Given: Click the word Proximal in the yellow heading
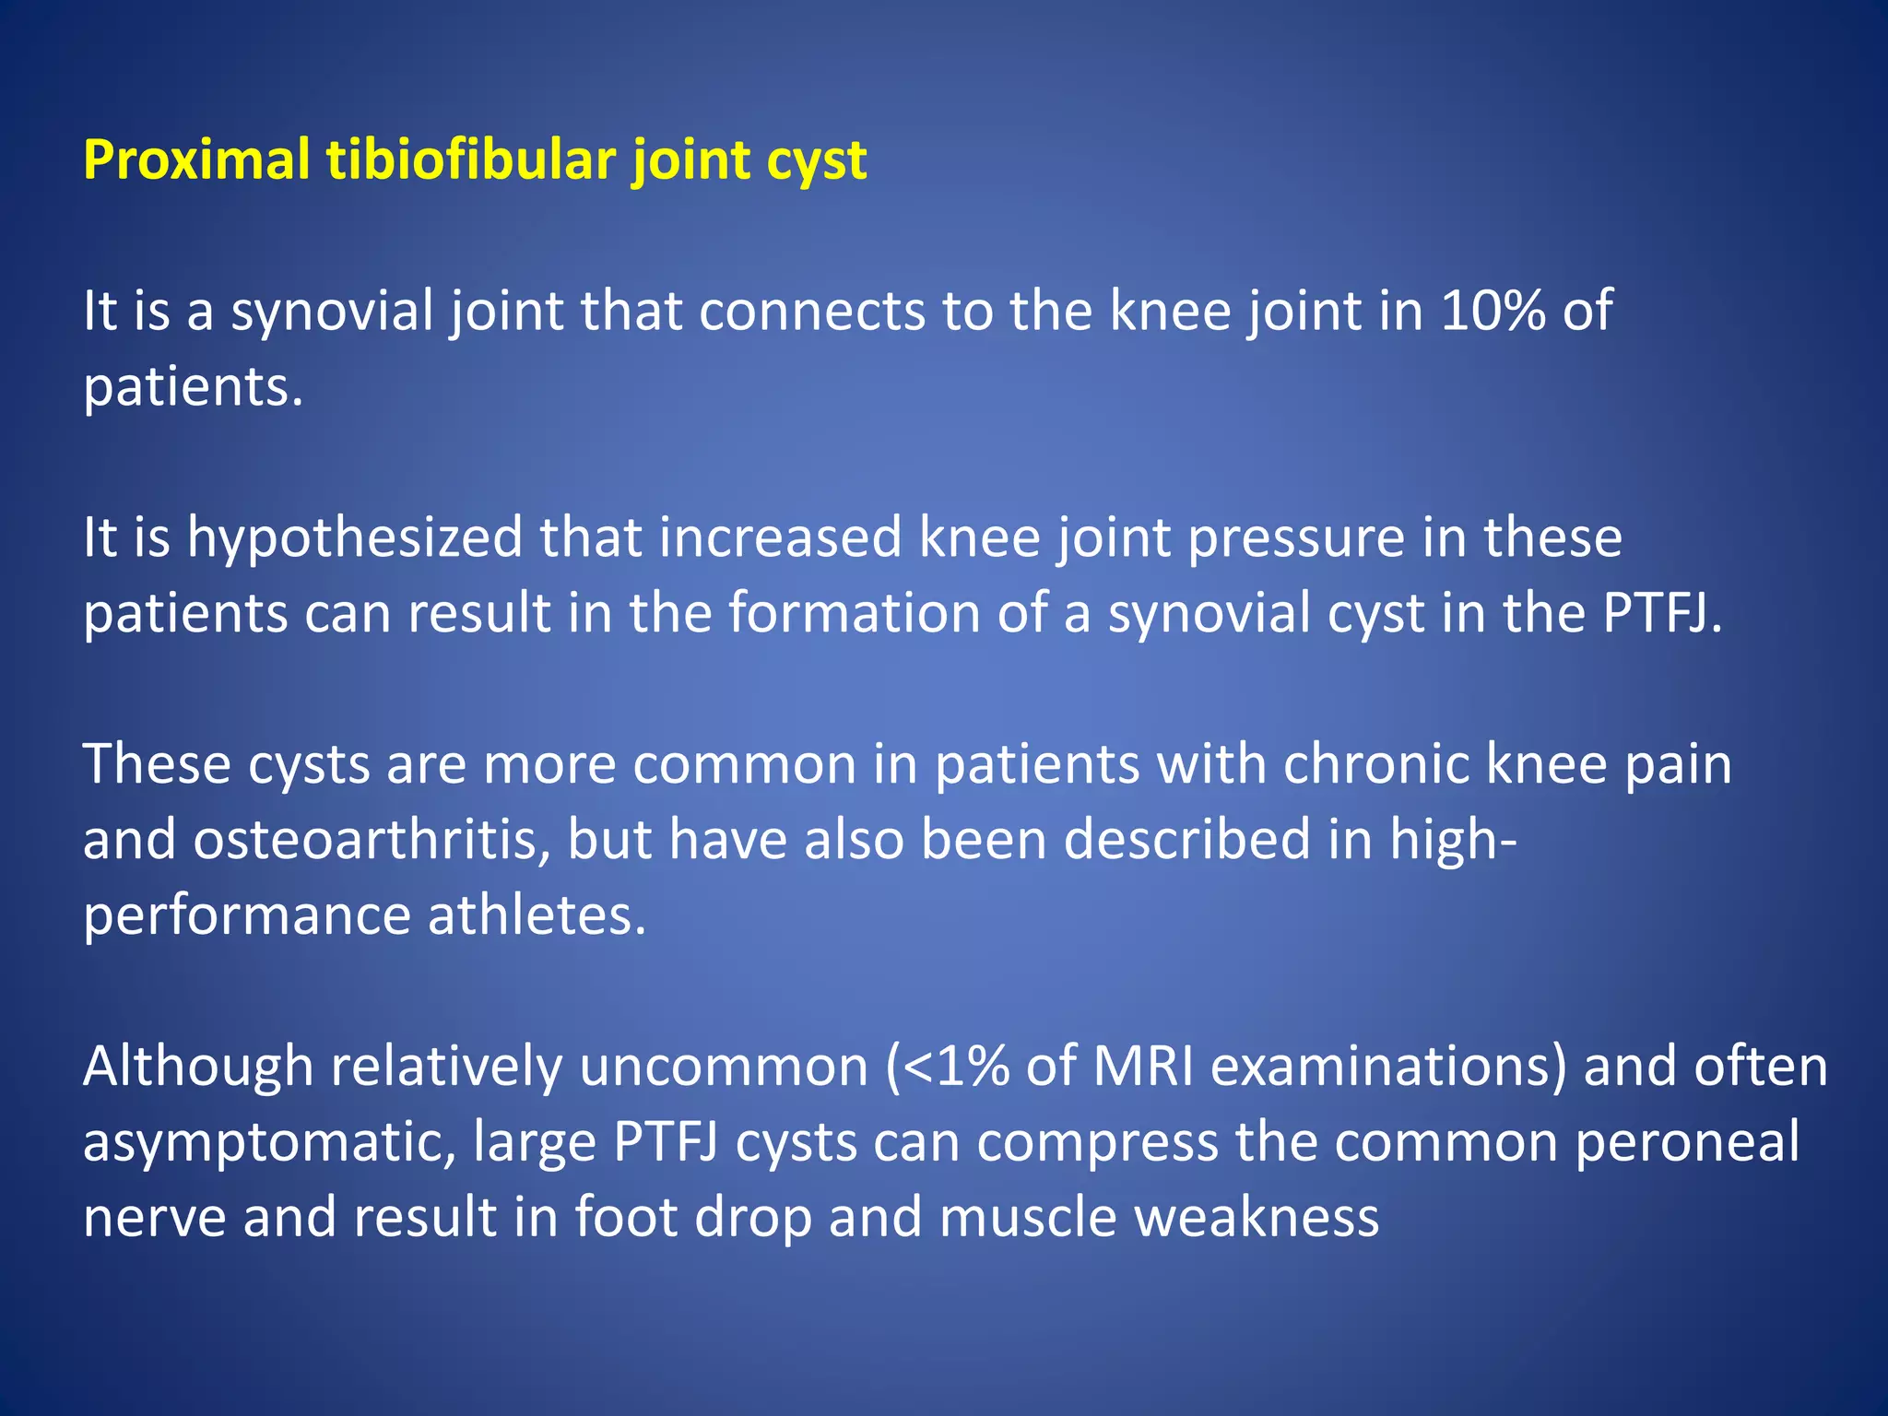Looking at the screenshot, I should pos(195,160).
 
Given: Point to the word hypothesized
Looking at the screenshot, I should pos(355,537).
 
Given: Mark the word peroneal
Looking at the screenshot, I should pos(1686,1142).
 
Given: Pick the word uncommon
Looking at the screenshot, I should pos(724,1067).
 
